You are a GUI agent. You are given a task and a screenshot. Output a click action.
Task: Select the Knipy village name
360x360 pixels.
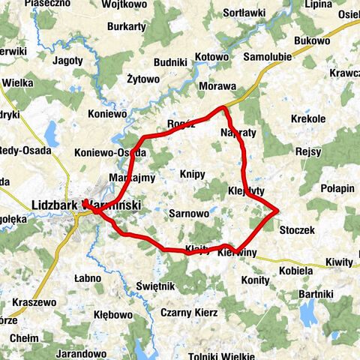(x=193, y=174)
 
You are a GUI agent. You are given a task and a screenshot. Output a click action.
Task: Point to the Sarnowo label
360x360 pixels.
(x=187, y=213)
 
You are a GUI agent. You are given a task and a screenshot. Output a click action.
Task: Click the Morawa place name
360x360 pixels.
(x=217, y=86)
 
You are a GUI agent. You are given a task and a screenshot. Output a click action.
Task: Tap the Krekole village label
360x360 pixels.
(x=309, y=118)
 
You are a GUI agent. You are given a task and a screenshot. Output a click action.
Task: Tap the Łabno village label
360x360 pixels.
(x=88, y=278)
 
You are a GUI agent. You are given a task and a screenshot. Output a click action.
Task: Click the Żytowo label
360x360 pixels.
(x=143, y=78)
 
